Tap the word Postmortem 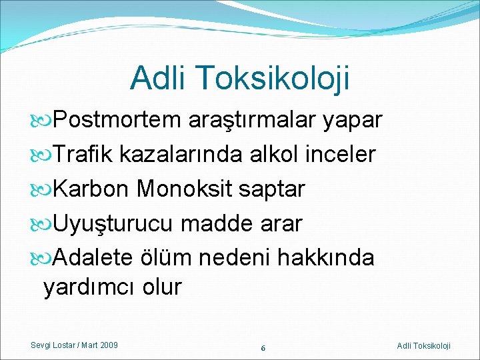click(117, 120)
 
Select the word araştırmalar click(251, 120)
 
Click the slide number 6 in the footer click(263, 348)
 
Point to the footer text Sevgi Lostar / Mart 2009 click(75, 345)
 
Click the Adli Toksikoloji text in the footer click(423, 345)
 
